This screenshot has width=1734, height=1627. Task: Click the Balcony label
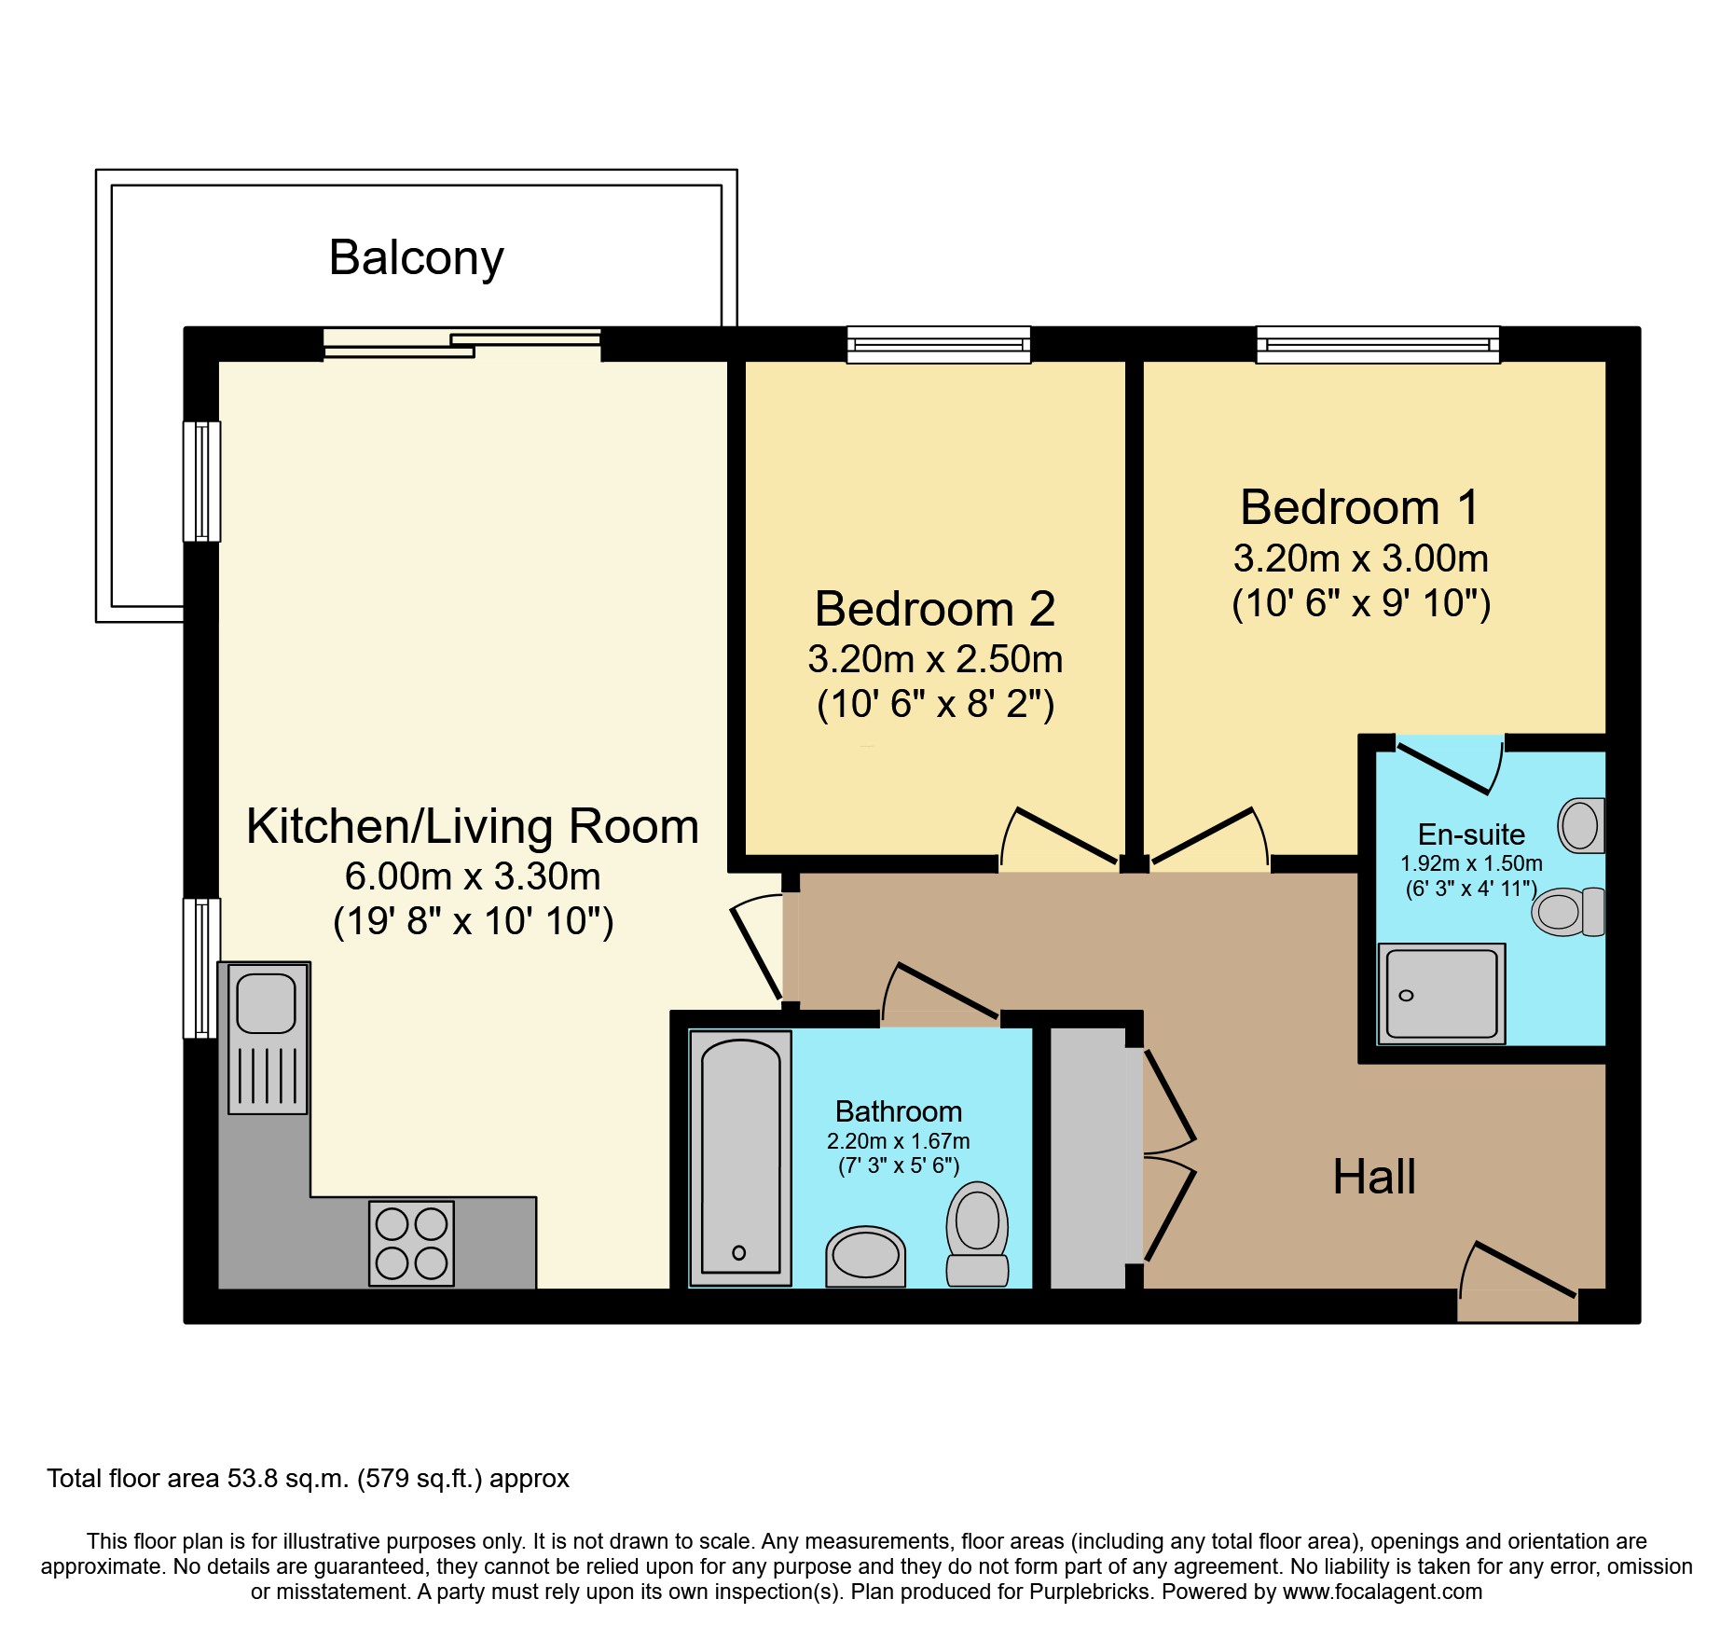416,258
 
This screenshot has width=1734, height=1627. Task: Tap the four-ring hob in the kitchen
411,1243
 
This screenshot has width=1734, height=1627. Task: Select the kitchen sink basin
267,1003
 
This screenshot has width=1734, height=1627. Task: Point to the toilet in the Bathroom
977,1234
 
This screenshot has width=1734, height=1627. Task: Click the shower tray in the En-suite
1441,994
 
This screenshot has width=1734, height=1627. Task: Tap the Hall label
1374,1177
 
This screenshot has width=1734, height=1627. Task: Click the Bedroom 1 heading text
1360,507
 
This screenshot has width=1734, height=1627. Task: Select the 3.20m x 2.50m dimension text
935,659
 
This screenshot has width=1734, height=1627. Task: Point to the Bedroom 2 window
939,344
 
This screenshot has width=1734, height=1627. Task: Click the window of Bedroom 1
1378,344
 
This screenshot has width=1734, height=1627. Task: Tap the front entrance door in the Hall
1518,1282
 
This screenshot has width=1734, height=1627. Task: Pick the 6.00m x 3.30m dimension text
473,876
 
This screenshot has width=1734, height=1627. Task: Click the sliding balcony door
462,344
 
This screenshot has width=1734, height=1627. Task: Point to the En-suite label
1471,834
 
